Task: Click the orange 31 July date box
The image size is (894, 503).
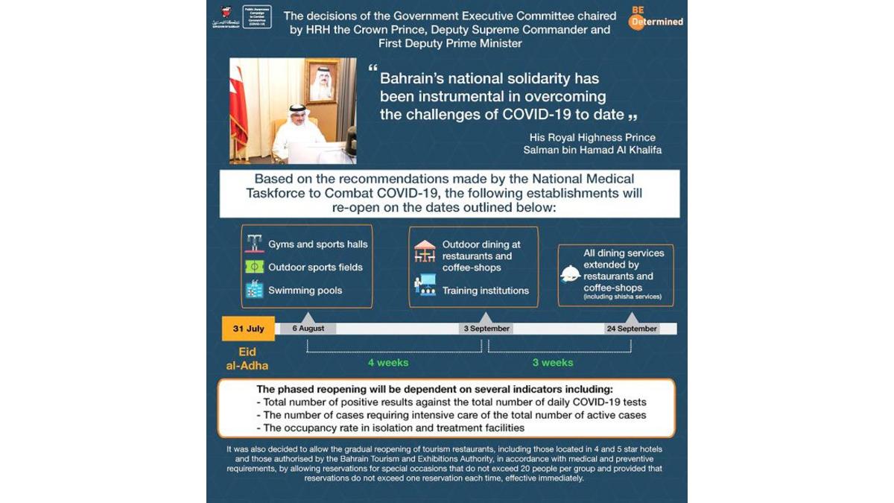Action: pyautogui.click(x=248, y=329)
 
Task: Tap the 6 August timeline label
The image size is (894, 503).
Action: pyautogui.click(x=308, y=329)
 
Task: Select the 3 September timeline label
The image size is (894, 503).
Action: pyautogui.click(x=486, y=329)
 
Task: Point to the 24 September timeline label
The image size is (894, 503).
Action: pyautogui.click(x=632, y=329)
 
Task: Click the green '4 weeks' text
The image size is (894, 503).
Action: pyautogui.click(x=388, y=363)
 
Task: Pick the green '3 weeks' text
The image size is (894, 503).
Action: pyautogui.click(x=553, y=363)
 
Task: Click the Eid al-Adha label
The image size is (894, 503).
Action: pyautogui.click(x=247, y=358)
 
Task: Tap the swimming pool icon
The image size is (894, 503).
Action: pyautogui.click(x=255, y=290)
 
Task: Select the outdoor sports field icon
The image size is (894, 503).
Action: pyautogui.click(x=255, y=267)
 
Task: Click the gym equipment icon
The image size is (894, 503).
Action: pyautogui.click(x=255, y=244)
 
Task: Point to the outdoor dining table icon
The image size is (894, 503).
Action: pyautogui.click(x=425, y=251)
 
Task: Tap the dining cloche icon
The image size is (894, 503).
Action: pyautogui.click(x=570, y=274)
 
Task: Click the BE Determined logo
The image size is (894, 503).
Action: pyautogui.click(x=656, y=18)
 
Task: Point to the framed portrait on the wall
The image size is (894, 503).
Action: pyautogui.click(x=322, y=82)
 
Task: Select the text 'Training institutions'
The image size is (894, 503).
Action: pyautogui.click(x=485, y=291)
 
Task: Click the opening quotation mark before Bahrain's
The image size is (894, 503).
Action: pyautogui.click(x=372, y=69)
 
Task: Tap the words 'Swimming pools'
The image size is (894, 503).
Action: pyautogui.click(x=305, y=291)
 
